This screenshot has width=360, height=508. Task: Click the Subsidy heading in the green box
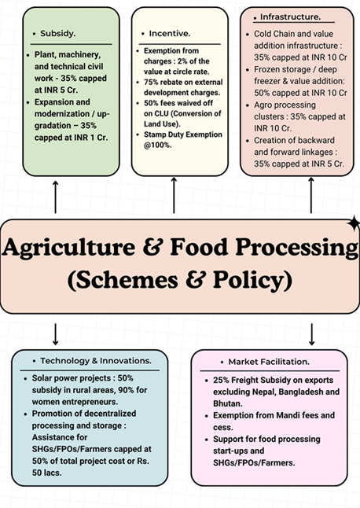(57, 33)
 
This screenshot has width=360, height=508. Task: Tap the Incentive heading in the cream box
(170, 33)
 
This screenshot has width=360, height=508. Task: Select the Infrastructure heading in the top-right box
(290, 17)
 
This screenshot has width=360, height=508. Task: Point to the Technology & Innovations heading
(96, 361)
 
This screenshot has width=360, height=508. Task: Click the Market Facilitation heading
(269, 362)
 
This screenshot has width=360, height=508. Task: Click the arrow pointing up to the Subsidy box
(55, 197)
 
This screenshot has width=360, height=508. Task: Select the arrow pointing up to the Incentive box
(174, 195)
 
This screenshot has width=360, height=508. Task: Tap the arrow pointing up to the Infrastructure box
(311, 195)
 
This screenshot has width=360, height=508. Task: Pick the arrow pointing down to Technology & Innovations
(55, 334)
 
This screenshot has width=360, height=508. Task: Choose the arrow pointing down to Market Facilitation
(312, 334)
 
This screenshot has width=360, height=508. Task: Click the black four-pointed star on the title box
(354, 223)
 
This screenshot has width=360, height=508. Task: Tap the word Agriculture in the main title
(68, 247)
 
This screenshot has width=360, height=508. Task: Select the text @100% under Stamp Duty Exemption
(158, 145)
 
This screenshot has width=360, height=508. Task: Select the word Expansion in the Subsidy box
(53, 102)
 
